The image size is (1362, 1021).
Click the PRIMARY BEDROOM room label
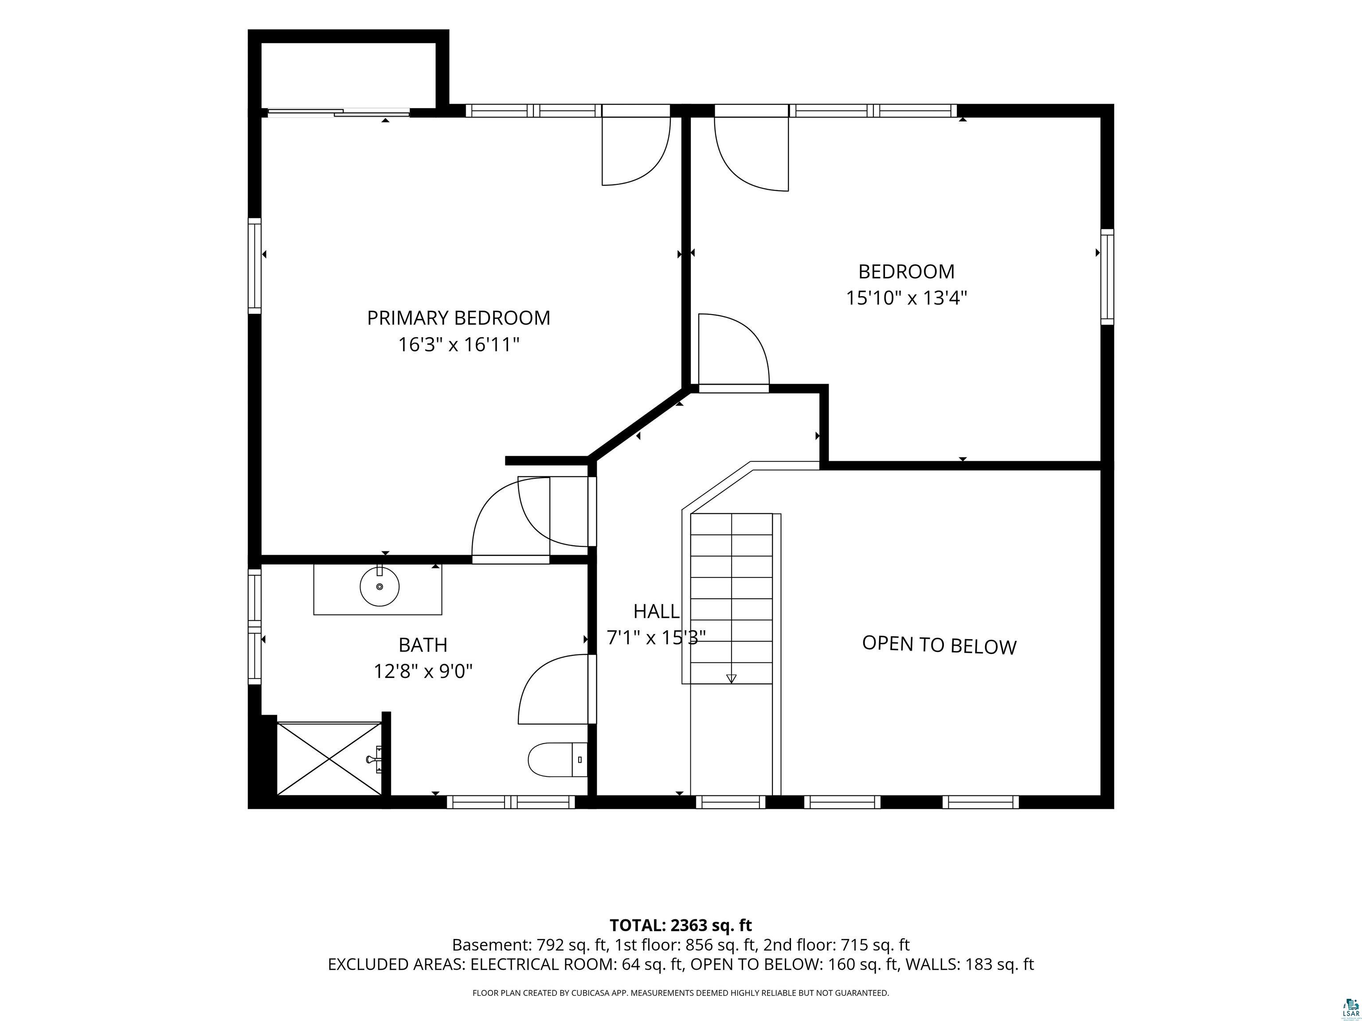(459, 318)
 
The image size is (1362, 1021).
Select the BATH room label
(423, 644)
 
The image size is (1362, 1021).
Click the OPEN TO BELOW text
(939, 644)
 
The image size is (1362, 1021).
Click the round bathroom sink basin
(379, 586)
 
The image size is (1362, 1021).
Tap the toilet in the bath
(558, 760)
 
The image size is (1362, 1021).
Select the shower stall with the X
(329, 759)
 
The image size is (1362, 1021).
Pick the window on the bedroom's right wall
(1107, 277)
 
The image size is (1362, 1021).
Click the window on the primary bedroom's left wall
(254, 266)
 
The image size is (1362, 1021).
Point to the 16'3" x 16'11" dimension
(459, 345)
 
